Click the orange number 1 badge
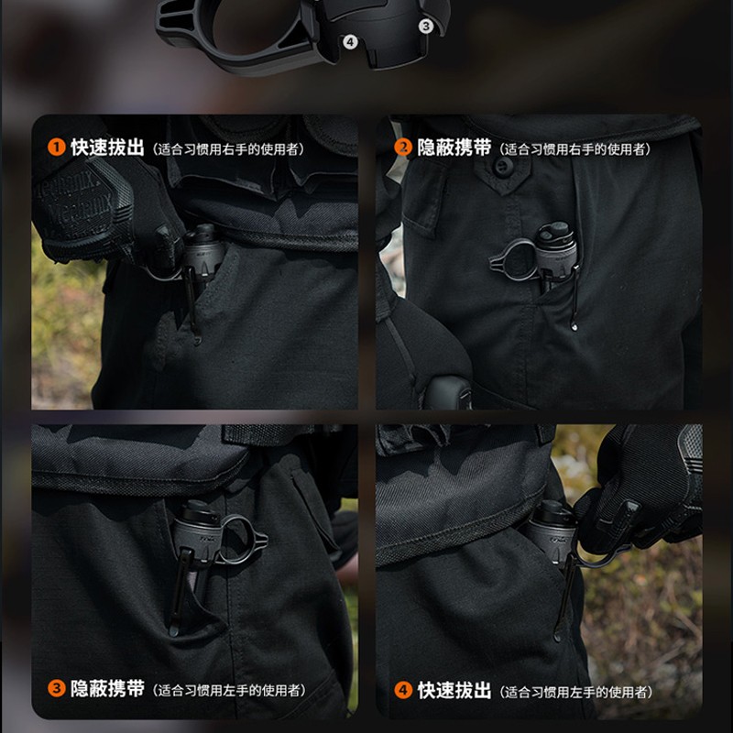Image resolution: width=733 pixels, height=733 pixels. pyautogui.click(x=57, y=147)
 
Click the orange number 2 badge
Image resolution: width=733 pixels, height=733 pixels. pyautogui.click(x=402, y=148)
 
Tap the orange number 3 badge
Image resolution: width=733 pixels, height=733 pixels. pyautogui.click(x=57, y=689)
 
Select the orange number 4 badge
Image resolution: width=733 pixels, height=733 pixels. pyautogui.click(x=402, y=690)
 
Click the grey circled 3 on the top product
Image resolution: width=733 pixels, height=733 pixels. pyautogui.click(x=425, y=27)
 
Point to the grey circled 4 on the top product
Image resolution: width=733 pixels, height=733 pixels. pyautogui.click(x=350, y=41)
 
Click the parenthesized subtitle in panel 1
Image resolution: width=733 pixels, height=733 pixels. pyautogui.click(x=229, y=148)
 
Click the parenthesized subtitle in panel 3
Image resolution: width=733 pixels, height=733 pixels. pyautogui.click(x=229, y=691)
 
